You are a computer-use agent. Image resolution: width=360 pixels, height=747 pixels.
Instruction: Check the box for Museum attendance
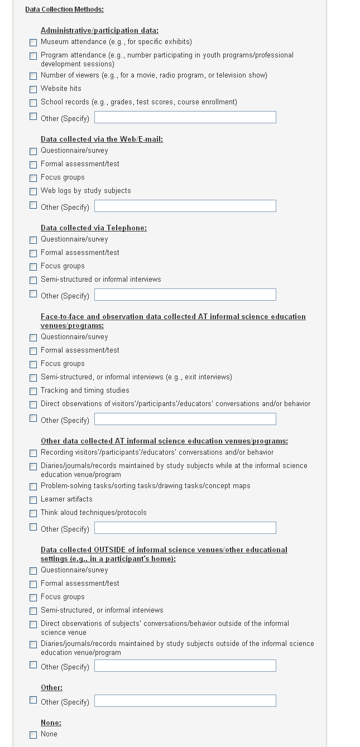[33, 42]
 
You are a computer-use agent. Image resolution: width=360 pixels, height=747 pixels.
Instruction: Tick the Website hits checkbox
[33, 89]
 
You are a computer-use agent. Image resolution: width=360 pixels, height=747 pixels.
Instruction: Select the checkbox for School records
[33, 103]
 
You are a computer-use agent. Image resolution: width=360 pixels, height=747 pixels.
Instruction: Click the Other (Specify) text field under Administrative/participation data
[185, 117]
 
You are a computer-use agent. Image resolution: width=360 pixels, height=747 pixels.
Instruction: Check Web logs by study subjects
[33, 191]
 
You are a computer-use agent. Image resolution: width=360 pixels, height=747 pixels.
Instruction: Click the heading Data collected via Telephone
[93, 228]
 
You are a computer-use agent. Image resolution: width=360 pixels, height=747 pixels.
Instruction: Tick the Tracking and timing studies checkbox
[33, 391]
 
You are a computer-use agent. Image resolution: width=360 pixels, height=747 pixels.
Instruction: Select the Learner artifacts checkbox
[33, 500]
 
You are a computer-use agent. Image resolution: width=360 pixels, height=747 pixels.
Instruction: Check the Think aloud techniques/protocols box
[33, 513]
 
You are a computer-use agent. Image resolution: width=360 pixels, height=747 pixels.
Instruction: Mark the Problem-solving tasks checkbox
[33, 486]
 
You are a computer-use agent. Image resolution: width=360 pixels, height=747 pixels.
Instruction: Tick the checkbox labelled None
[33, 735]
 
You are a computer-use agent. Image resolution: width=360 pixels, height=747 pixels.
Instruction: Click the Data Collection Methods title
[64, 9]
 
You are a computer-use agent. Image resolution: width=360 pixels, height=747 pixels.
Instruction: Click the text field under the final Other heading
[185, 701]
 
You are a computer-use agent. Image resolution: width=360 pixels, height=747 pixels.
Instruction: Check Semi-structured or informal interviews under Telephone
[33, 280]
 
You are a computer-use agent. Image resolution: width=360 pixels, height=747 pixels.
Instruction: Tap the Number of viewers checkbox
[33, 76]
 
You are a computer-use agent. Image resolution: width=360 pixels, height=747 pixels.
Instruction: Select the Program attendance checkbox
[33, 56]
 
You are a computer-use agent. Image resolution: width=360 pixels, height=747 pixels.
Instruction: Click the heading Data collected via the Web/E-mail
[102, 139]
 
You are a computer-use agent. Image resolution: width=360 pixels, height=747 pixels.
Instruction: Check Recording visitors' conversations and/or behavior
[33, 453]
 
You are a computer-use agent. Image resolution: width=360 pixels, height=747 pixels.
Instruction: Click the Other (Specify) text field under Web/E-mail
[185, 206]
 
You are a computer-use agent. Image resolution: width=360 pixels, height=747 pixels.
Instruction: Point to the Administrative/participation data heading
[99, 31]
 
